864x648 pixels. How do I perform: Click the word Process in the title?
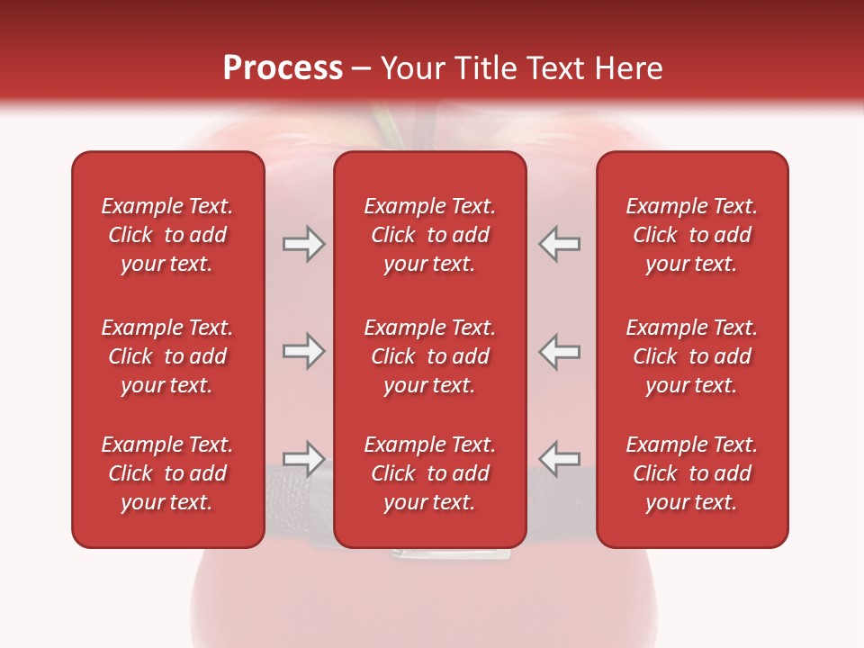tap(283, 68)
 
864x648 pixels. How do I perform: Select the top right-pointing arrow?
tap(303, 244)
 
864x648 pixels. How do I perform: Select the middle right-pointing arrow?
tap(303, 351)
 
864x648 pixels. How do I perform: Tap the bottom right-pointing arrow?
tap(303, 459)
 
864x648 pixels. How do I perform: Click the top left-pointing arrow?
tap(559, 244)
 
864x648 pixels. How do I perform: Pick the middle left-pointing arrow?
tap(559, 351)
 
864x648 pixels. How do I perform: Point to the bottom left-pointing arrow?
tap(559, 459)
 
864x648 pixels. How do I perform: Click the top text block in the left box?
tap(167, 235)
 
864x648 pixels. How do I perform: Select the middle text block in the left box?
tap(167, 356)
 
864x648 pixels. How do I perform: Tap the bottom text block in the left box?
tap(167, 473)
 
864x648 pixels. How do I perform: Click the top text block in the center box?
tap(429, 235)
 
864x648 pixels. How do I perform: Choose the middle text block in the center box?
tap(429, 356)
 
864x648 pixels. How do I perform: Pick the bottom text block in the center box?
tap(429, 473)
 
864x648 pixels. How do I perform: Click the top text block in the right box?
tap(691, 235)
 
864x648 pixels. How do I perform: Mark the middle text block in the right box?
tap(691, 356)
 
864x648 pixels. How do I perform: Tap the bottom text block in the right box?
tap(691, 473)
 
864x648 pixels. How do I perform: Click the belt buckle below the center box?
tap(444, 553)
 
